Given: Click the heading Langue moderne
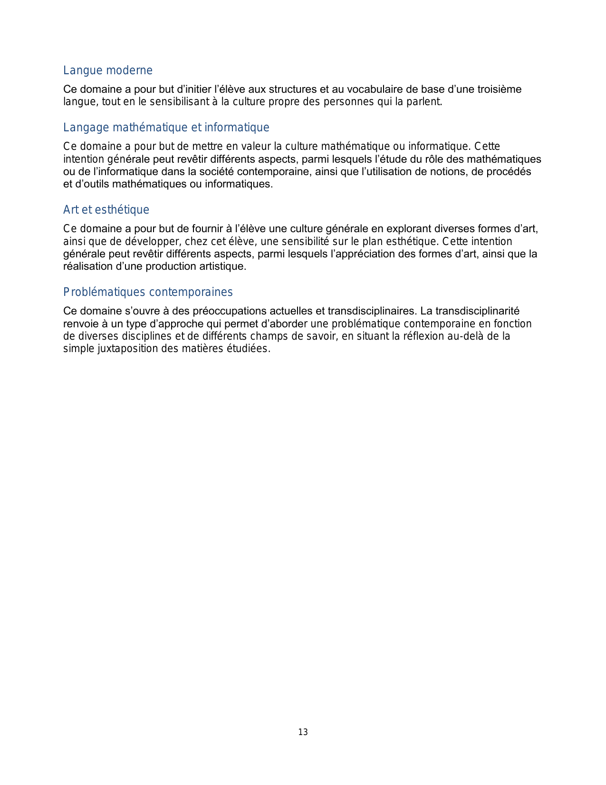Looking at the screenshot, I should pos(108,70).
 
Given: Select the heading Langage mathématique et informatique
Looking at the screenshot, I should pos(166,128).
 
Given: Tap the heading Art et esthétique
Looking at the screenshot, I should pos(106,210).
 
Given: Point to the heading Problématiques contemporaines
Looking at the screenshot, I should pos(148,292).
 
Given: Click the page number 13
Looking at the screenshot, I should pos(303,732).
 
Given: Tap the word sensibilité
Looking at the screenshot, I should pos(305,241).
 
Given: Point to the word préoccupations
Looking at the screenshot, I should pos(230,311).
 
